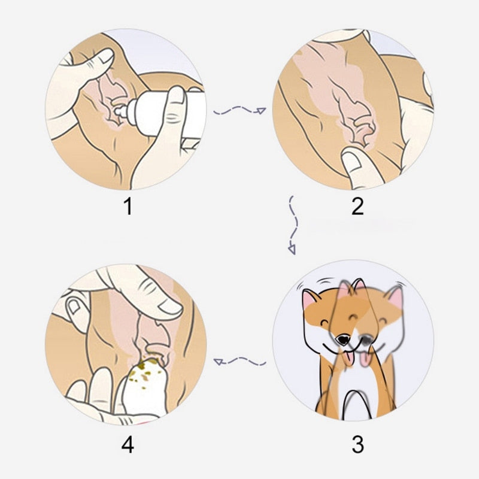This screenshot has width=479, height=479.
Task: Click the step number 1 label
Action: (127, 207)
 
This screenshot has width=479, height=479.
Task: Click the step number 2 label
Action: (357, 207)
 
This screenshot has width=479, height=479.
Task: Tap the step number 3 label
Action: (357, 445)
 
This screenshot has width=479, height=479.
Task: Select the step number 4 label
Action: (127, 445)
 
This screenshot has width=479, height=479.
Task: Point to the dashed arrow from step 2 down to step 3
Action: (293, 225)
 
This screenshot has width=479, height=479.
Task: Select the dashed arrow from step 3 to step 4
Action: (239, 361)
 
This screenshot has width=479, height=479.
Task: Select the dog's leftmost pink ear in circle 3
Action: (311, 299)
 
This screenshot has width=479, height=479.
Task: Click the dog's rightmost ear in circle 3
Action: (395, 296)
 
